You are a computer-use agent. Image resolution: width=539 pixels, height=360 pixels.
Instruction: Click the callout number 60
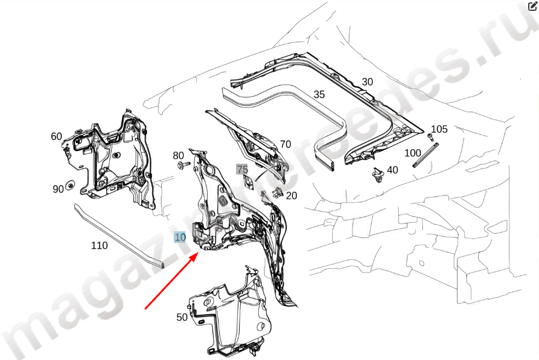pyautogui.click(x=56, y=137)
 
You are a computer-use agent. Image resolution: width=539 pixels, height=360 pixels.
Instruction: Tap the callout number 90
pyautogui.click(x=58, y=189)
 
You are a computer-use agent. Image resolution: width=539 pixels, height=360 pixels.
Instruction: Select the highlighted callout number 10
pyautogui.click(x=180, y=237)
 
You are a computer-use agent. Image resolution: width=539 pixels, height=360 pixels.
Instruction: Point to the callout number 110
pyautogui.click(x=100, y=245)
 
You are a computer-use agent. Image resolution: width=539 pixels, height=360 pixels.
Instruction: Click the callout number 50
pyautogui.click(x=182, y=317)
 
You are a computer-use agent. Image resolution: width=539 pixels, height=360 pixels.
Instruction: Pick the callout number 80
pyautogui.click(x=178, y=156)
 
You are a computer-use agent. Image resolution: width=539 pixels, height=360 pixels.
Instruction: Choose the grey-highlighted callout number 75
pyautogui.click(x=242, y=169)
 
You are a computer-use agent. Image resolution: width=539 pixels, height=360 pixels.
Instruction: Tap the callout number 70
pyautogui.click(x=285, y=144)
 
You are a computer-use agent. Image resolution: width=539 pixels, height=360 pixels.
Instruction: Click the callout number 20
pyautogui.click(x=291, y=196)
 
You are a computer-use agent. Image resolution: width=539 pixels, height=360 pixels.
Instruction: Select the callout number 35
pyautogui.click(x=319, y=94)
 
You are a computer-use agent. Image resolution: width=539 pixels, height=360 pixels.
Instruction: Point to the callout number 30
pyautogui.click(x=367, y=82)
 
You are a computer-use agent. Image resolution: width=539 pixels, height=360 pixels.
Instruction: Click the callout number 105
pyautogui.click(x=439, y=129)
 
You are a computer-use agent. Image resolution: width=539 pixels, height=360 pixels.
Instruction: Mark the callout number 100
pyautogui.click(x=412, y=153)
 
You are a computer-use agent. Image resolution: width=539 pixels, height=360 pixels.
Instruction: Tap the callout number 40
pyautogui.click(x=392, y=170)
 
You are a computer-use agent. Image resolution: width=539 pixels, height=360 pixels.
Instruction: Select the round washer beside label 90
pyautogui.click(x=71, y=185)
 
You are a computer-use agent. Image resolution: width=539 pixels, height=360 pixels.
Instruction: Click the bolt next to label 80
pyautogui.click(x=183, y=165)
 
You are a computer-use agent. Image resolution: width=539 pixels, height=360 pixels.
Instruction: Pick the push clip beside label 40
pyautogui.click(x=378, y=175)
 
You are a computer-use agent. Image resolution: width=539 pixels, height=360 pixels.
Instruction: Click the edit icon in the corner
pyautogui.click(x=532, y=6)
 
